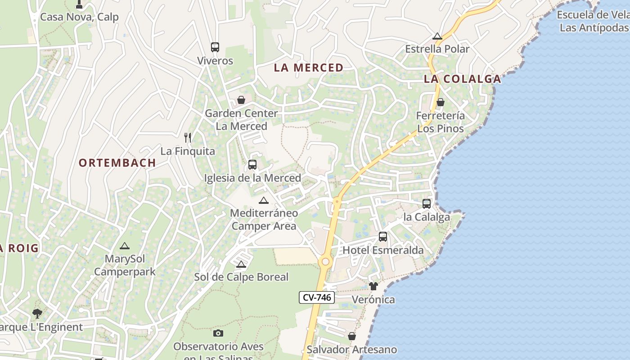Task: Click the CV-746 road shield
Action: point(317,297)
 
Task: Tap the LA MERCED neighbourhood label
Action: point(309,68)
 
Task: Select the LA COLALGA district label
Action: point(462,79)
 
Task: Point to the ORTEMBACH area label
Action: point(117,163)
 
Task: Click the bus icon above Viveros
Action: point(215,47)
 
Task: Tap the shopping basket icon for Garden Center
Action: point(241,99)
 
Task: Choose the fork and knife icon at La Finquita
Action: point(188,137)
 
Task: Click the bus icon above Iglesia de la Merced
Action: point(252,164)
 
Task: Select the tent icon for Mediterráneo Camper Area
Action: point(264,200)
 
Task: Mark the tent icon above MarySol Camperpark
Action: point(125,246)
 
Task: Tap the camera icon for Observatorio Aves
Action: point(218,333)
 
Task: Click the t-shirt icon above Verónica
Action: point(373,286)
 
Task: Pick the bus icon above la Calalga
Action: point(427,203)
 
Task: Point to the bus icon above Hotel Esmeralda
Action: point(383,236)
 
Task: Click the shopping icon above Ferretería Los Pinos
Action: point(441,102)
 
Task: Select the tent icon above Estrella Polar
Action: point(437,36)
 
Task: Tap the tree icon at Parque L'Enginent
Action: point(37,313)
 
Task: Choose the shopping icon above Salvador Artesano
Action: point(352,336)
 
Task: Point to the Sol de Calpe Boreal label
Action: point(241,277)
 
